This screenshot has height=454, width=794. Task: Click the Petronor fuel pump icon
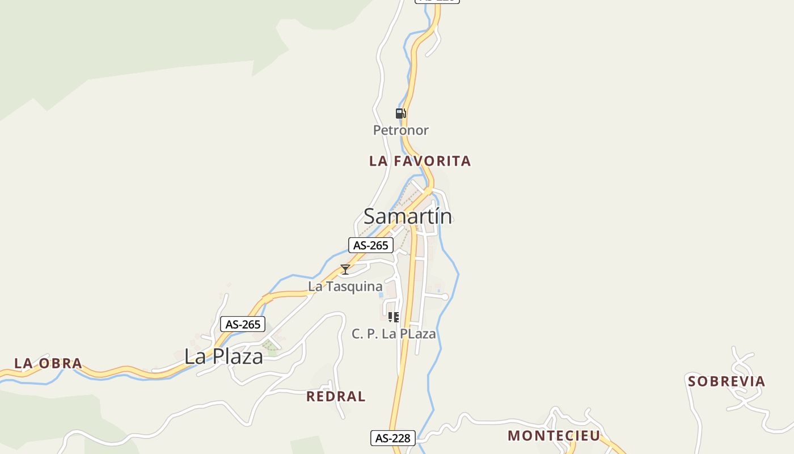tap(400, 113)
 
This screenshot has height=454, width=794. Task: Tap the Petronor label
tap(400, 131)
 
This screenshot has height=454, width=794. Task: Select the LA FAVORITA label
tap(420, 161)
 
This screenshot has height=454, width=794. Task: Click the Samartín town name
tap(408, 216)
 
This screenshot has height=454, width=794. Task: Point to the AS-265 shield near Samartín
tap(370, 245)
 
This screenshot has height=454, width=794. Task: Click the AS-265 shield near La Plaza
tap(243, 325)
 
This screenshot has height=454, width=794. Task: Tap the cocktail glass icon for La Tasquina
tap(345, 270)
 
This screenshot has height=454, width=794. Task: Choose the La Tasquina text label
tap(345, 287)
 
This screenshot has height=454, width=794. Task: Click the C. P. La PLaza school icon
tap(394, 317)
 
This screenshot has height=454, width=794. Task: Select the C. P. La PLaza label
tap(394, 334)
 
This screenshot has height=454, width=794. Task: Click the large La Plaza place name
tap(223, 356)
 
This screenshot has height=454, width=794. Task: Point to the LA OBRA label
tap(48, 363)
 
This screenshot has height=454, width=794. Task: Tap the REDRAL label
tap(336, 396)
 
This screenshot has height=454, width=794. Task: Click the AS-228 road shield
tap(393, 438)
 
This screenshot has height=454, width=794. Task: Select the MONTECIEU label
tap(554, 436)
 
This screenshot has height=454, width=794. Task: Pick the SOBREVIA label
tap(727, 381)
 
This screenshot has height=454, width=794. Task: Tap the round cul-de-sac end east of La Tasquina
tap(445, 297)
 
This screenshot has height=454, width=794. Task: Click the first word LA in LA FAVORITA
tap(378, 161)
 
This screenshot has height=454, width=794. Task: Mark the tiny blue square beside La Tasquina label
tap(381, 295)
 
